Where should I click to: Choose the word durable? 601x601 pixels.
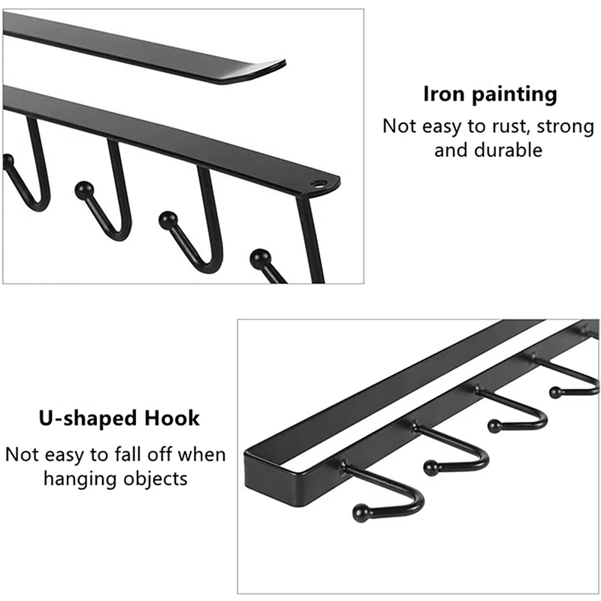509,149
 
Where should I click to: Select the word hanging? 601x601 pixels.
83,479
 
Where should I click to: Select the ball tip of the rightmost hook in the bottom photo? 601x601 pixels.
555,391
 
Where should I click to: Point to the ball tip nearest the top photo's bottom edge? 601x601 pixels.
260,258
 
